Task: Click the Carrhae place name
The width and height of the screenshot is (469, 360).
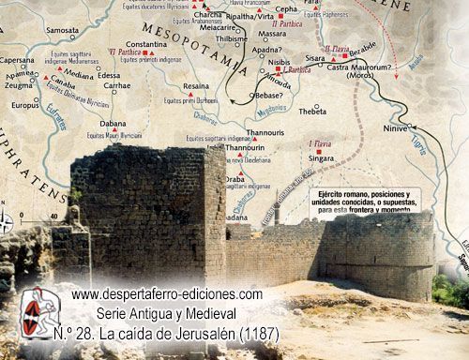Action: [x=117, y=85]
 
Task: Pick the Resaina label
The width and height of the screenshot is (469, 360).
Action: [x=196, y=85]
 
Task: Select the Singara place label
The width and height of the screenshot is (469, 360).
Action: [x=321, y=158]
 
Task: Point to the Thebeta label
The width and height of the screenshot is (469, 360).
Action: [x=312, y=111]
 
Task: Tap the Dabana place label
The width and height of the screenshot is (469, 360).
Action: [x=113, y=124]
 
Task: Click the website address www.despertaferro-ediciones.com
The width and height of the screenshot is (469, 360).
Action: [x=167, y=295]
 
